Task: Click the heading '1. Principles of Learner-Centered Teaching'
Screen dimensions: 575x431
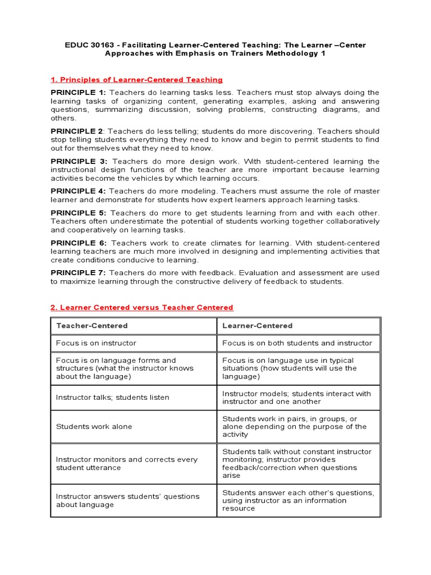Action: point(136,80)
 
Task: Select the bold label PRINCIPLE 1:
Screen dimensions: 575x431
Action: point(78,92)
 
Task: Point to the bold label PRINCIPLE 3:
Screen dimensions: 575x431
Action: point(78,161)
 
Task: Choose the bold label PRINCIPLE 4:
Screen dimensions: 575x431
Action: point(78,191)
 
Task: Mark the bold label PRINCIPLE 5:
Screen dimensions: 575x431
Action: point(78,213)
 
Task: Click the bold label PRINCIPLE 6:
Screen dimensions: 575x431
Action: point(78,243)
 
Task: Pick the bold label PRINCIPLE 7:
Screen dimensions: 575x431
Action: point(78,272)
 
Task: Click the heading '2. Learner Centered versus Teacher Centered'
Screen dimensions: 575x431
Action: point(141,307)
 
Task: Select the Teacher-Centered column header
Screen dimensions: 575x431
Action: point(91,326)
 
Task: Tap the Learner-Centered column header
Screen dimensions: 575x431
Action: point(257,326)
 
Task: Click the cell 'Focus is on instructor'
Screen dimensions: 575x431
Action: point(96,343)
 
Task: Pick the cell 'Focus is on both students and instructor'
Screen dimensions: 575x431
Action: point(297,343)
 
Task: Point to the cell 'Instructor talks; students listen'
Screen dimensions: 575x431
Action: point(112,397)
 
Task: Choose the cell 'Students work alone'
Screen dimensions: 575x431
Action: point(94,426)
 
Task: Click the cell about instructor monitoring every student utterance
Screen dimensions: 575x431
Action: point(126,463)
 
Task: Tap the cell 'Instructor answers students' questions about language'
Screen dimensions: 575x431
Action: point(127,500)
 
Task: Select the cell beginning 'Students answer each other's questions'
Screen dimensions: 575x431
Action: point(297,500)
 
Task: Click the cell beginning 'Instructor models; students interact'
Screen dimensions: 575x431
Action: point(296,398)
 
